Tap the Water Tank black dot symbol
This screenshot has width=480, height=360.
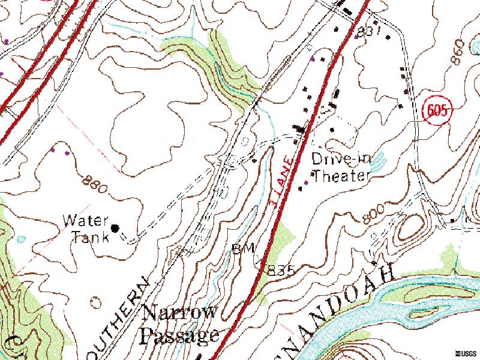(115, 227)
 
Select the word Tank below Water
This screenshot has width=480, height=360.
(91, 236)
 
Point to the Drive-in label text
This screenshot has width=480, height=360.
(341, 159)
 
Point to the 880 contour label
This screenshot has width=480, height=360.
(96, 184)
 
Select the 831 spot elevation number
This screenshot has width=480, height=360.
(370, 32)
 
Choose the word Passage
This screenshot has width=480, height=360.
(178, 335)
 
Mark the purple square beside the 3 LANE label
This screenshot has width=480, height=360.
(307, 182)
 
